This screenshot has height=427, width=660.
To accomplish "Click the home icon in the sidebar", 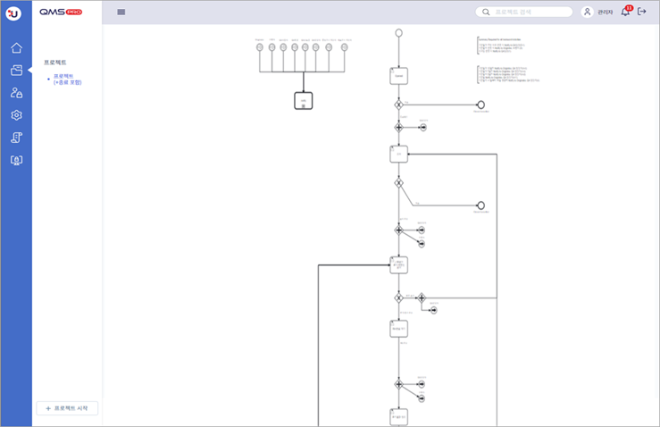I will [16, 48].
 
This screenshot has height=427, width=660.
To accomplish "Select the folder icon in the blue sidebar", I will [16, 71].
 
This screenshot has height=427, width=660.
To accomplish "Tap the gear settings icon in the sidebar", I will [16, 115].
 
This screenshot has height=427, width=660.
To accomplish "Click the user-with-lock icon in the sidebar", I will [16, 93].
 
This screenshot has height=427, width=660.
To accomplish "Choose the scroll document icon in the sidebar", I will [16, 138].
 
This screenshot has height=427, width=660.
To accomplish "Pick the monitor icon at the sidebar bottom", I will [16, 160].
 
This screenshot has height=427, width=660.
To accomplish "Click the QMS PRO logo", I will [61, 12].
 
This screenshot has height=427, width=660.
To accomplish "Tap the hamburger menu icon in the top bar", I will [121, 13].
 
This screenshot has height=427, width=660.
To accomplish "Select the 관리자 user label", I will [606, 13].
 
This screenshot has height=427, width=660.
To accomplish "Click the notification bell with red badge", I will [625, 12].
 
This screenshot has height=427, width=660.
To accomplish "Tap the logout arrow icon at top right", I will [642, 12].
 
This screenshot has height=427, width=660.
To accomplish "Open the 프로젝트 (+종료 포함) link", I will [67, 80].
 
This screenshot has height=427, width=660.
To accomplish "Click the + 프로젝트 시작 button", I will [67, 408].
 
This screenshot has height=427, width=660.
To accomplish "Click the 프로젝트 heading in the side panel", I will [55, 63].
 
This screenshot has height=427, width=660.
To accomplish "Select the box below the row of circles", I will [304, 101].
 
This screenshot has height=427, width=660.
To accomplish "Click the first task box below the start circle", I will [398, 77].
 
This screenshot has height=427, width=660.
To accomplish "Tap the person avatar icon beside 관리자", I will [587, 13].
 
